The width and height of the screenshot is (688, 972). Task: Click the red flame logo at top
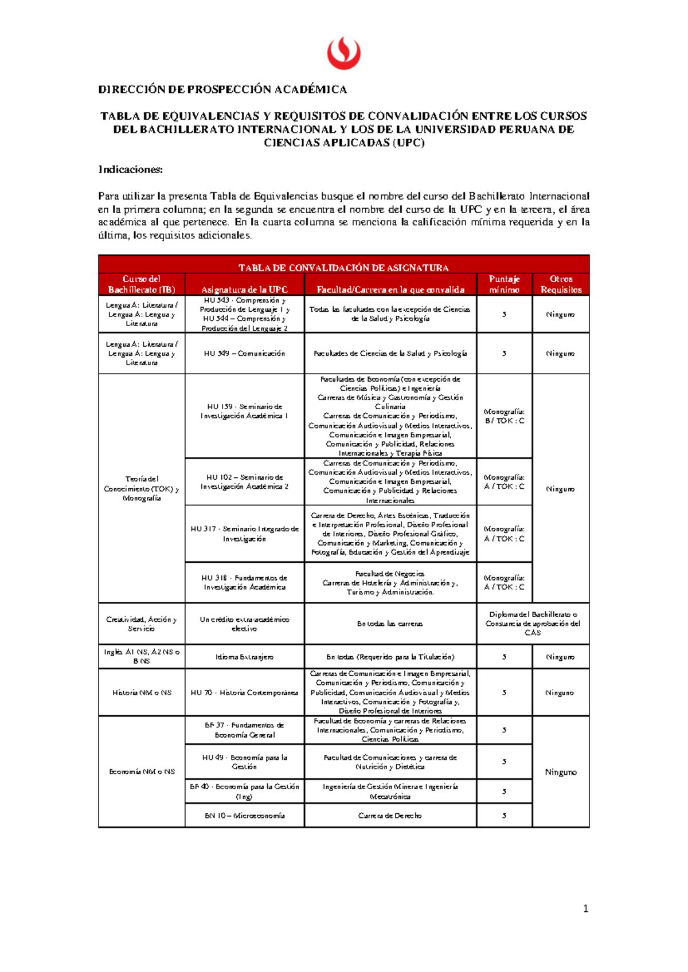pos(343,53)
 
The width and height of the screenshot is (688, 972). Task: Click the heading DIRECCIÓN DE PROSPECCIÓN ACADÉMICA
pos(222,89)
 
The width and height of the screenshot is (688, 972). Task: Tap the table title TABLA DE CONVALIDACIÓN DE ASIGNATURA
pos(343,268)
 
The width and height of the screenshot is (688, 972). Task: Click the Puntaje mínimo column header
pos(504,284)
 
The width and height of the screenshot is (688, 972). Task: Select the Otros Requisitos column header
pos(561,284)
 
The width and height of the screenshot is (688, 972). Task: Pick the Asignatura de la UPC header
pos(244,289)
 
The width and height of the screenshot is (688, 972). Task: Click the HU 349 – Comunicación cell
pos(244,354)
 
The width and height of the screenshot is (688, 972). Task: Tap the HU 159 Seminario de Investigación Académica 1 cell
pos(244,411)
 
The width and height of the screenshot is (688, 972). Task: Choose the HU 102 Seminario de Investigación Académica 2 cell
pos(244,481)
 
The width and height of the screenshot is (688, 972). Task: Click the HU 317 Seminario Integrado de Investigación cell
pos(244,534)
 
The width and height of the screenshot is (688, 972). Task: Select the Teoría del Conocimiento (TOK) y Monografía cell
pos(142,488)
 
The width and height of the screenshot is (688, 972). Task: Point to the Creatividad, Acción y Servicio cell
pos(142,624)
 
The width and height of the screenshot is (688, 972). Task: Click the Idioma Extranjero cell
pos(244,657)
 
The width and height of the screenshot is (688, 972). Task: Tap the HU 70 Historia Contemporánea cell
pos(244,692)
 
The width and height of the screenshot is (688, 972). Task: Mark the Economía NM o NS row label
pos(142,771)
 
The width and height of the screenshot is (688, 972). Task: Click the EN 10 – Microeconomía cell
pos(244,816)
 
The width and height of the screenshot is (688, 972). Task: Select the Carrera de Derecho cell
pos(390,816)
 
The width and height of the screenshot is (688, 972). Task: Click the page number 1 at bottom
pos(585,908)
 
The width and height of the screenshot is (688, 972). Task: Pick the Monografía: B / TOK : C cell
pos(504,416)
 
